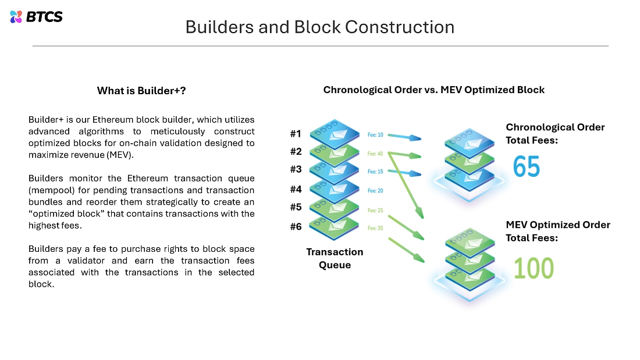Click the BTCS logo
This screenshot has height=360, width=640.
pyautogui.click(x=36, y=16)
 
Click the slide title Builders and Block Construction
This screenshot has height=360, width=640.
pyautogui.click(x=319, y=27)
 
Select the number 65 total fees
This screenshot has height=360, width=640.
pyautogui.click(x=526, y=167)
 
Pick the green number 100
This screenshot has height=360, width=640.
pyautogui.click(x=534, y=268)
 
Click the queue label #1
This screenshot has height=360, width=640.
pyautogui.click(x=296, y=134)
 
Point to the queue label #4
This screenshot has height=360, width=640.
pyautogui.click(x=296, y=189)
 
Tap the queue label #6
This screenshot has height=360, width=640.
pyautogui.click(x=296, y=227)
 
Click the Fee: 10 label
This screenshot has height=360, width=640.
pyautogui.click(x=375, y=135)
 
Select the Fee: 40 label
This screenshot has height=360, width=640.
pyautogui.click(x=375, y=154)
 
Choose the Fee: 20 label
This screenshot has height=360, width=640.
pyautogui.click(x=375, y=191)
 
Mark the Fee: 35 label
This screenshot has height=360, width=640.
pyautogui.click(x=375, y=228)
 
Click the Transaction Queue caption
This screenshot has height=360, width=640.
pyautogui.click(x=335, y=258)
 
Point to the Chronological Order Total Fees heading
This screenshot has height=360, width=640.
pyautogui.click(x=555, y=133)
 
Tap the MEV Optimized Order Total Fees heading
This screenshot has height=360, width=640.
pyautogui.click(x=557, y=231)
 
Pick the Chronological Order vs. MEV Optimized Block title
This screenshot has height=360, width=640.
pyautogui.click(x=433, y=90)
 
